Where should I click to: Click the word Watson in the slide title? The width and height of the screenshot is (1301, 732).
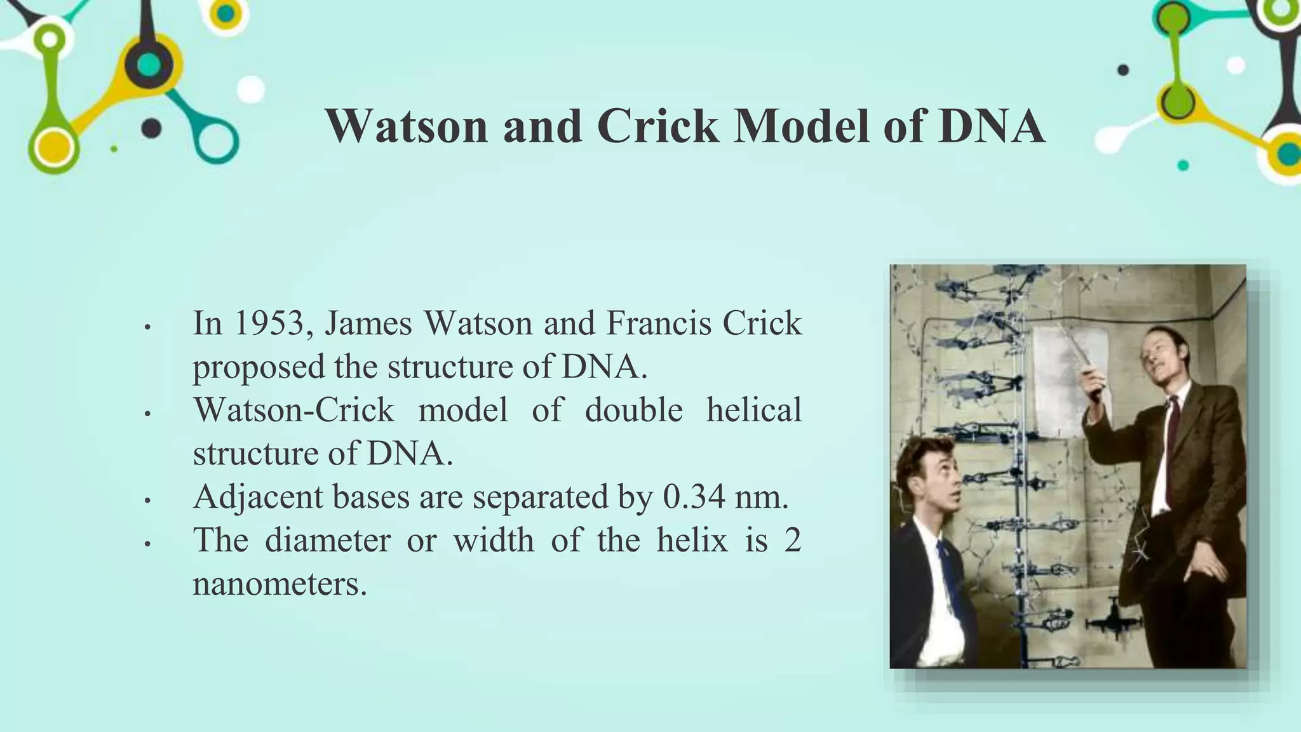[x=407, y=126]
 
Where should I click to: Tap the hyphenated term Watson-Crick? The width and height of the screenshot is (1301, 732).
[x=293, y=410]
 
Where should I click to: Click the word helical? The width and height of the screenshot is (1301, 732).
[x=753, y=410]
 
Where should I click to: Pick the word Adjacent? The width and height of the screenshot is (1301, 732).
[x=258, y=497]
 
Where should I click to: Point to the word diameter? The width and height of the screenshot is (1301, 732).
[x=327, y=541]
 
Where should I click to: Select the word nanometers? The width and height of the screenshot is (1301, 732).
[x=280, y=584]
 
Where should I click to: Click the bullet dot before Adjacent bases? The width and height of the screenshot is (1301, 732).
[x=147, y=501]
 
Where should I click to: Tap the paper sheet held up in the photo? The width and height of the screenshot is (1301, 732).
[x=1070, y=381]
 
